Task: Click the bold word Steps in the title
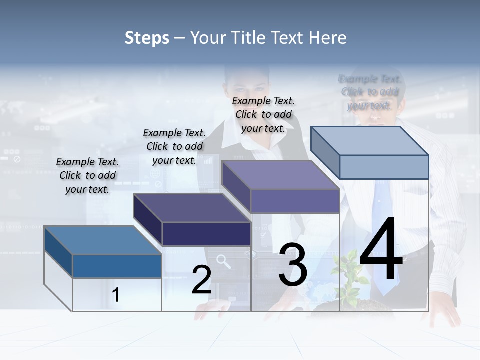tap(147, 38)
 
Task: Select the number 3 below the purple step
tap(293, 265)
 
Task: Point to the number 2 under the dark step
tap(201, 280)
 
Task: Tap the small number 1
tap(116, 295)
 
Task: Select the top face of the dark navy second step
tap(192, 208)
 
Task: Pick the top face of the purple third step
tap(280, 175)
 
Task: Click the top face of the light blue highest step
tap(369, 141)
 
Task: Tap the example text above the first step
tap(87, 175)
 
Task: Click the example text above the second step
tap(174, 146)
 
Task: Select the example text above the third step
tap(263, 114)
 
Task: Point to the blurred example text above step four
tap(370, 92)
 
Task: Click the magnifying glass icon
tap(223, 261)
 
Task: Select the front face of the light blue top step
tap(384, 167)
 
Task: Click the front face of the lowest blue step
tap(117, 266)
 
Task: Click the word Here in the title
tap(328, 38)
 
